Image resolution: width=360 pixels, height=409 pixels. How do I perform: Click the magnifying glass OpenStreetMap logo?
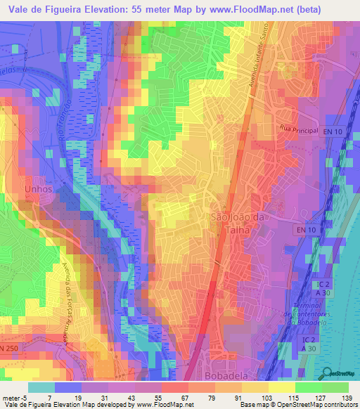[x=325, y=372]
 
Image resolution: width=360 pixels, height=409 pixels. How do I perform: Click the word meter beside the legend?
[x=11, y=398]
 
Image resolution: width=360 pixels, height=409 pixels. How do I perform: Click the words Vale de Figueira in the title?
[x=44, y=9]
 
